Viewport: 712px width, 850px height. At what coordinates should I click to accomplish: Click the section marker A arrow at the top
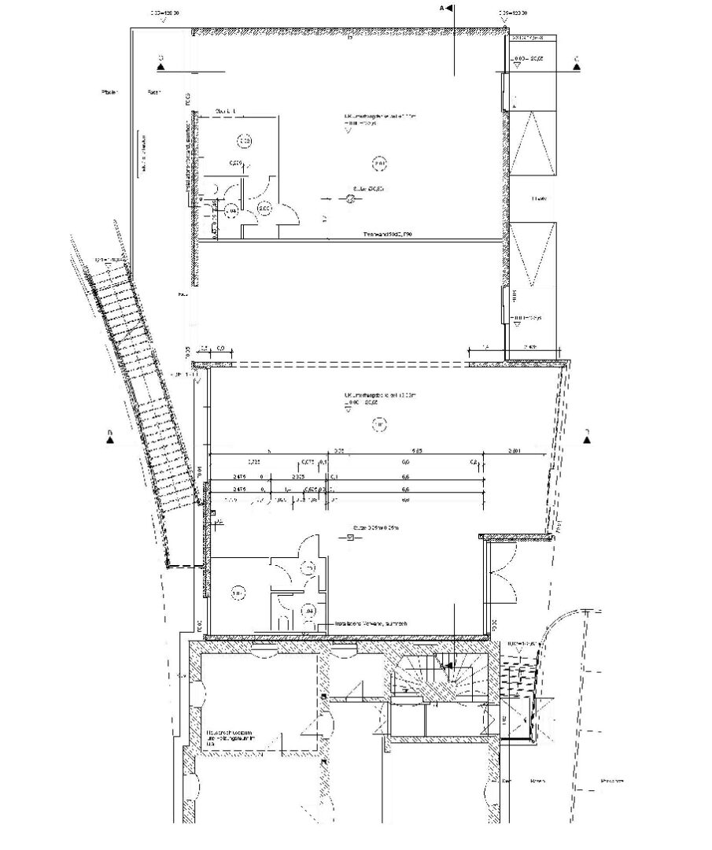448,9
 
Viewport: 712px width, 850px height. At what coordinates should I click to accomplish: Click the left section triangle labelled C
160,68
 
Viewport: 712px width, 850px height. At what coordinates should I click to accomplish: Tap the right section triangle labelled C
577,68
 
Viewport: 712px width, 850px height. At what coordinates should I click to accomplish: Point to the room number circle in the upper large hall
379,164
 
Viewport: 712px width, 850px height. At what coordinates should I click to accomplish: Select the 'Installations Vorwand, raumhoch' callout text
372,622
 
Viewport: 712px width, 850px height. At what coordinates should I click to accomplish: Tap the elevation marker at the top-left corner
163,15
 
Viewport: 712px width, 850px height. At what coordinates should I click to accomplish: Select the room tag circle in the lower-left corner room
237,593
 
